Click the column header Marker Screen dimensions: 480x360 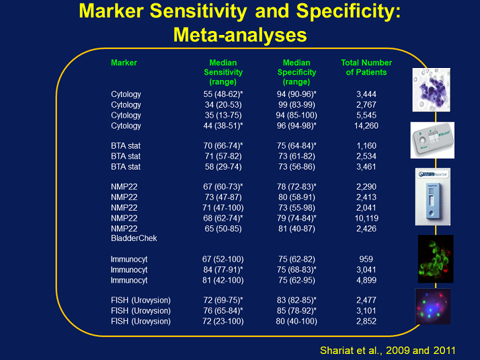click(124, 63)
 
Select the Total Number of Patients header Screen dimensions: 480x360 click(366, 67)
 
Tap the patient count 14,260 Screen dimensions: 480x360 click(366, 126)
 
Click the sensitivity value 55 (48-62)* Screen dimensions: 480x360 click(223, 94)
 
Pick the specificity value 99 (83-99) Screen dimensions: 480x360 click(296, 105)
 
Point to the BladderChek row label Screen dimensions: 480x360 click(134, 238)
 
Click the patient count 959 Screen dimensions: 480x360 click(366, 259)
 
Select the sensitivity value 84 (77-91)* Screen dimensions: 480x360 click(223, 270)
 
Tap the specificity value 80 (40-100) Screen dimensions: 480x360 click(296, 321)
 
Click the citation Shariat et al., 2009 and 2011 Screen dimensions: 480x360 click(387, 350)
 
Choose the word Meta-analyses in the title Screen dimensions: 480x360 click(240, 34)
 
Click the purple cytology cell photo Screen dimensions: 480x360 click(432, 89)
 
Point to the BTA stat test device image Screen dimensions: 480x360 click(432, 140)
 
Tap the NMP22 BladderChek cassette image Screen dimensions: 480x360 click(432, 196)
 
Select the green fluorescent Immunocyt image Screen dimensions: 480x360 click(436, 259)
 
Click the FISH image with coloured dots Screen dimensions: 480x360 click(432, 306)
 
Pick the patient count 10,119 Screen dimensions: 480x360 click(366, 218)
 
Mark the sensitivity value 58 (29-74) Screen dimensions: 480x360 click(223, 167)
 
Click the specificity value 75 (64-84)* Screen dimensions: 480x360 click(296, 146)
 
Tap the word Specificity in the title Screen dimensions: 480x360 click(348, 11)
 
